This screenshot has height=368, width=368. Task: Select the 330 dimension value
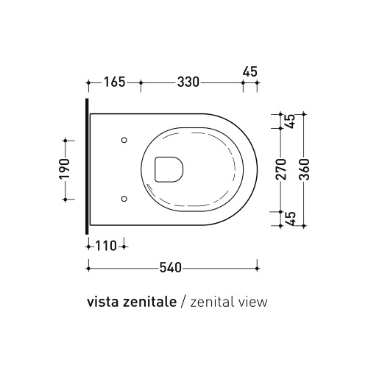(188, 82)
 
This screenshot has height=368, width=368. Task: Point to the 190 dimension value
(64, 169)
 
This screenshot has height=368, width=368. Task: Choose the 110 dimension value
(106, 247)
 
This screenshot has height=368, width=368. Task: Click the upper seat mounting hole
(124, 140)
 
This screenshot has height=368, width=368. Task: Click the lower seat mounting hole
(124, 198)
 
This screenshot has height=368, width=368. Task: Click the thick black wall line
(88, 169)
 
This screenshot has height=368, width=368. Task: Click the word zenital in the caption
(210, 302)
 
